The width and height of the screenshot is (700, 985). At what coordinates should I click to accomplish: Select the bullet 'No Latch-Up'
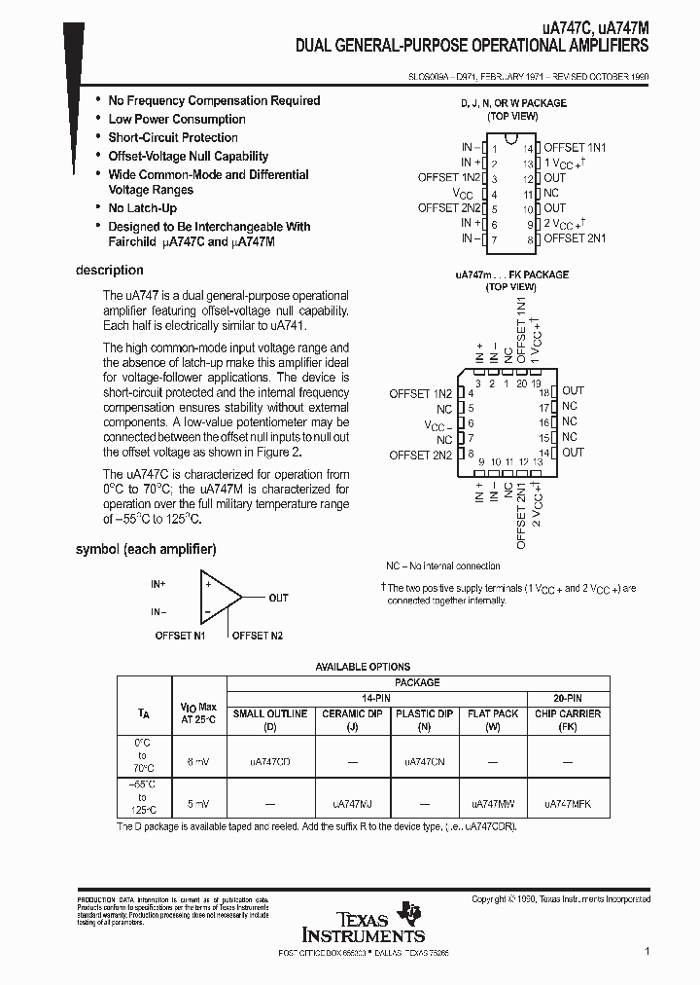pos(142,208)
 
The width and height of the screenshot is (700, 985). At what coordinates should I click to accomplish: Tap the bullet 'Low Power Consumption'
pos(176,119)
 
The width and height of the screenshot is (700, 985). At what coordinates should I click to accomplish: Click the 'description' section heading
pos(109,270)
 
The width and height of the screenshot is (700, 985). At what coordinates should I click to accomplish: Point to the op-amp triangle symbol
pos(218,597)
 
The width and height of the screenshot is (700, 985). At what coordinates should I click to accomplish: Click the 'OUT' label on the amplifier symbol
pos(278,598)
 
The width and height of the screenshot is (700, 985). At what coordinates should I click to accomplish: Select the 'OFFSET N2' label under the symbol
pos(257,636)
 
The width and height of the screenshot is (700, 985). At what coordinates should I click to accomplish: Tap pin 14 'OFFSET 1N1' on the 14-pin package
pos(574,147)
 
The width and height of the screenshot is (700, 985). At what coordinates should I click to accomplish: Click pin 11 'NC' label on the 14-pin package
pos(551,193)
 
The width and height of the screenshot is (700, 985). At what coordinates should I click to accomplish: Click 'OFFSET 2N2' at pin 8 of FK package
pos(420,455)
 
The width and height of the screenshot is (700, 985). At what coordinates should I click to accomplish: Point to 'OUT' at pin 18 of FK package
pos(573,391)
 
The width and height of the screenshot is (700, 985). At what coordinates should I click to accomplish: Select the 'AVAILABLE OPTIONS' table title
pos(362,667)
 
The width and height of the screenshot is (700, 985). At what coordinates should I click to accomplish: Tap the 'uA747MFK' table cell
pos(567,805)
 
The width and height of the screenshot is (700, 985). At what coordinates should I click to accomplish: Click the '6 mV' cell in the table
pos(195,762)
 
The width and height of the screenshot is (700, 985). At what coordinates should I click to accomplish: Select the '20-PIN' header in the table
pos(568,698)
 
